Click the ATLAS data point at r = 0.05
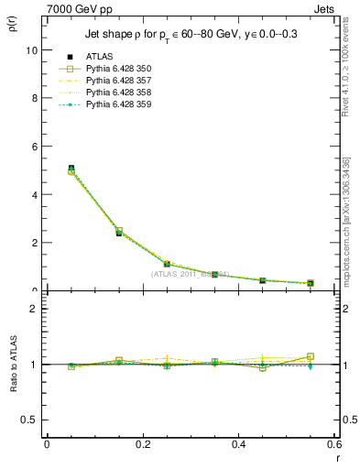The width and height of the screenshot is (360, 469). (x=71, y=169)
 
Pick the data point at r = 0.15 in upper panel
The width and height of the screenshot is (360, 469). (x=119, y=233)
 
